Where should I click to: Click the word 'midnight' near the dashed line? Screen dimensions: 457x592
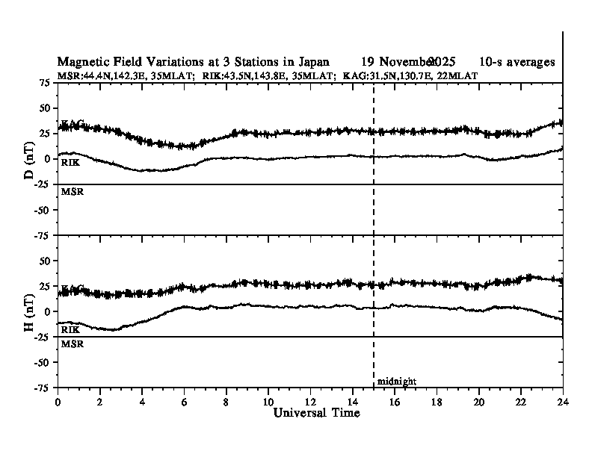pos(396,382)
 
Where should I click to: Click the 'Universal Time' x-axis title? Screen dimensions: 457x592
pos(311,413)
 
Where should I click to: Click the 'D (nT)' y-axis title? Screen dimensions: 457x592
pos(29,159)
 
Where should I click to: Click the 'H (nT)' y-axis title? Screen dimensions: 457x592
pos(29,311)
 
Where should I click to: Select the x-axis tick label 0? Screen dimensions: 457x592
pos(58,402)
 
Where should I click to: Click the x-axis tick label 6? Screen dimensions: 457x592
pos(184,402)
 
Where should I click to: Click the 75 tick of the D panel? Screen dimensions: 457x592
pos(45,82)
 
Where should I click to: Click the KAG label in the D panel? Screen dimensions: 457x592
pos(73,123)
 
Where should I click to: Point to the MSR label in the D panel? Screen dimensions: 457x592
pos(71,192)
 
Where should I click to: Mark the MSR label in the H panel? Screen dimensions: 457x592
pos(71,344)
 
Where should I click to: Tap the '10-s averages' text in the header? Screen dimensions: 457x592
pos(517,61)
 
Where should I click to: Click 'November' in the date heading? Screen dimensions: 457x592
pos(407,61)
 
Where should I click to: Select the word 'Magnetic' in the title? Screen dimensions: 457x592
pos(81,61)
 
